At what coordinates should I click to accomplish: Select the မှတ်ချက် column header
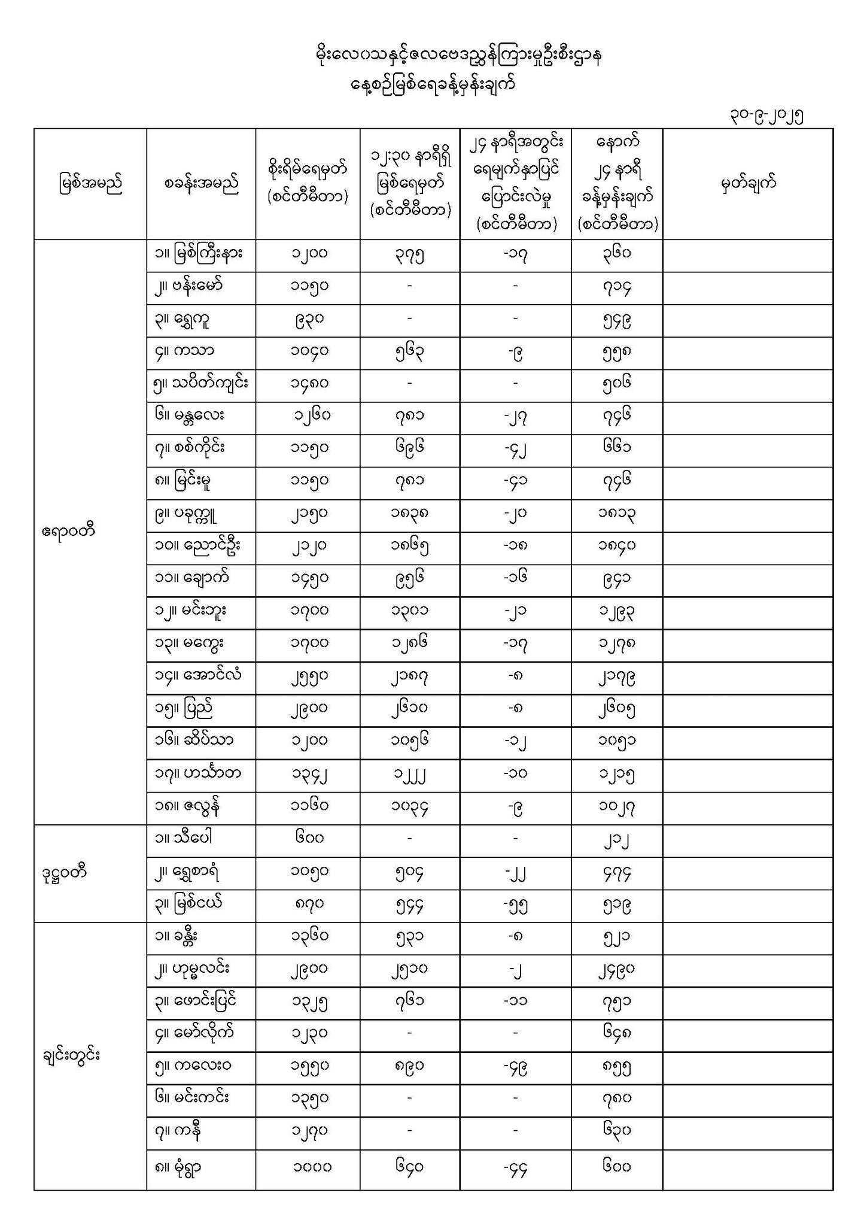coord(748,183)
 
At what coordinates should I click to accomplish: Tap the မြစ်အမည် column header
coord(90,183)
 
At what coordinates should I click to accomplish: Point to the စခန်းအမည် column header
coord(201,183)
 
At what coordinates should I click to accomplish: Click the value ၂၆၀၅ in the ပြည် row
coord(616,709)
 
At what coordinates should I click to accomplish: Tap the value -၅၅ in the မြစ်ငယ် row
coord(515,905)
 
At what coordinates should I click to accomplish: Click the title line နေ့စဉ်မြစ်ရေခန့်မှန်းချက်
coord(433,84)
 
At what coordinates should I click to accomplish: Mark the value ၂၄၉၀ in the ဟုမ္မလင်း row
coord(616,970)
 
